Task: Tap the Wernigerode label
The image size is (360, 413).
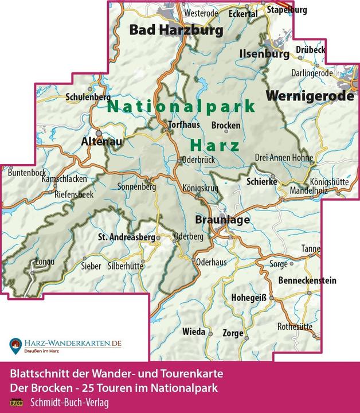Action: [310, 96]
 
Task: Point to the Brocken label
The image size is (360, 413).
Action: [226, 125]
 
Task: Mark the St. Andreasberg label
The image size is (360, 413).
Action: [123, 236]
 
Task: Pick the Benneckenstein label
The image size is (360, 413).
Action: [307, 280]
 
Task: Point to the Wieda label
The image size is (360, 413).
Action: [193, 332]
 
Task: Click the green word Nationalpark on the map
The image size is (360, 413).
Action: [181, 106]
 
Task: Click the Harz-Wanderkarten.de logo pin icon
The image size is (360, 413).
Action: [15, 345]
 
